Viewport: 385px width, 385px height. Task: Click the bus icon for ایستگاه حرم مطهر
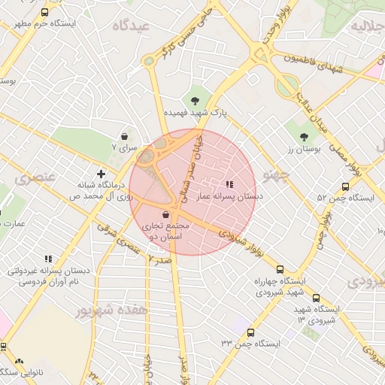(x=44, y=13)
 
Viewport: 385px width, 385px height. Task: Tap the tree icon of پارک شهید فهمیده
(x=196, y=100)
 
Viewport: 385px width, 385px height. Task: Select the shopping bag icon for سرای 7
(x=124, y=137)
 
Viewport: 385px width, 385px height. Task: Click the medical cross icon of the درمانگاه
(x=101, y=174)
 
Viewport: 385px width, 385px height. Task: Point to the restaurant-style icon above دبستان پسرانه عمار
(x=229, y=184)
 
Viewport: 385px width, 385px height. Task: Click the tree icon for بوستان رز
(x=304, y=137)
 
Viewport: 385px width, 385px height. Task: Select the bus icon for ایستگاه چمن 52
(x=345, y=186)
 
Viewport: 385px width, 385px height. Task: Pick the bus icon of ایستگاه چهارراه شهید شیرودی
(x=280, y=269)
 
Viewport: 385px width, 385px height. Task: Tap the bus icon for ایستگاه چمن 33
(x=250, y=332)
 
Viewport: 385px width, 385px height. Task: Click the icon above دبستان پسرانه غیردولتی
(x=49, y=259)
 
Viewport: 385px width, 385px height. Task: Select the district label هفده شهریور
(x=112, y=310)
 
